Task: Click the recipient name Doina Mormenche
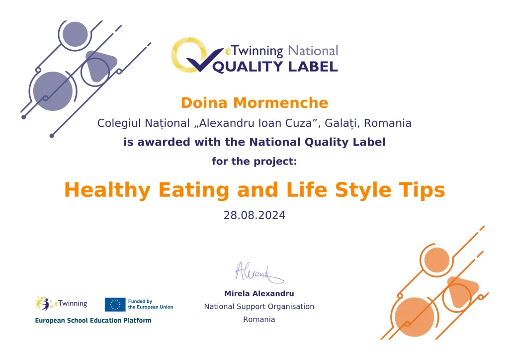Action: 254,103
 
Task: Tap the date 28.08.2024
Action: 254,215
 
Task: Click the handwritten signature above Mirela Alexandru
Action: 258,272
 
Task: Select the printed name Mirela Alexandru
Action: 259,293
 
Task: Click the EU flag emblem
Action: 115,304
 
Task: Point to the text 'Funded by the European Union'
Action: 151,304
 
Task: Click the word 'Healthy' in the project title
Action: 107,190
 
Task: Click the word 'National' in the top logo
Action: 313,51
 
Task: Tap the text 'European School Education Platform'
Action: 93,320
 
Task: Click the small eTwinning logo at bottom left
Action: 61,304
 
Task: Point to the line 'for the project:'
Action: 254,161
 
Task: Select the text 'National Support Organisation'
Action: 259,306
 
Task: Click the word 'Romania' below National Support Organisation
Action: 259,319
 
